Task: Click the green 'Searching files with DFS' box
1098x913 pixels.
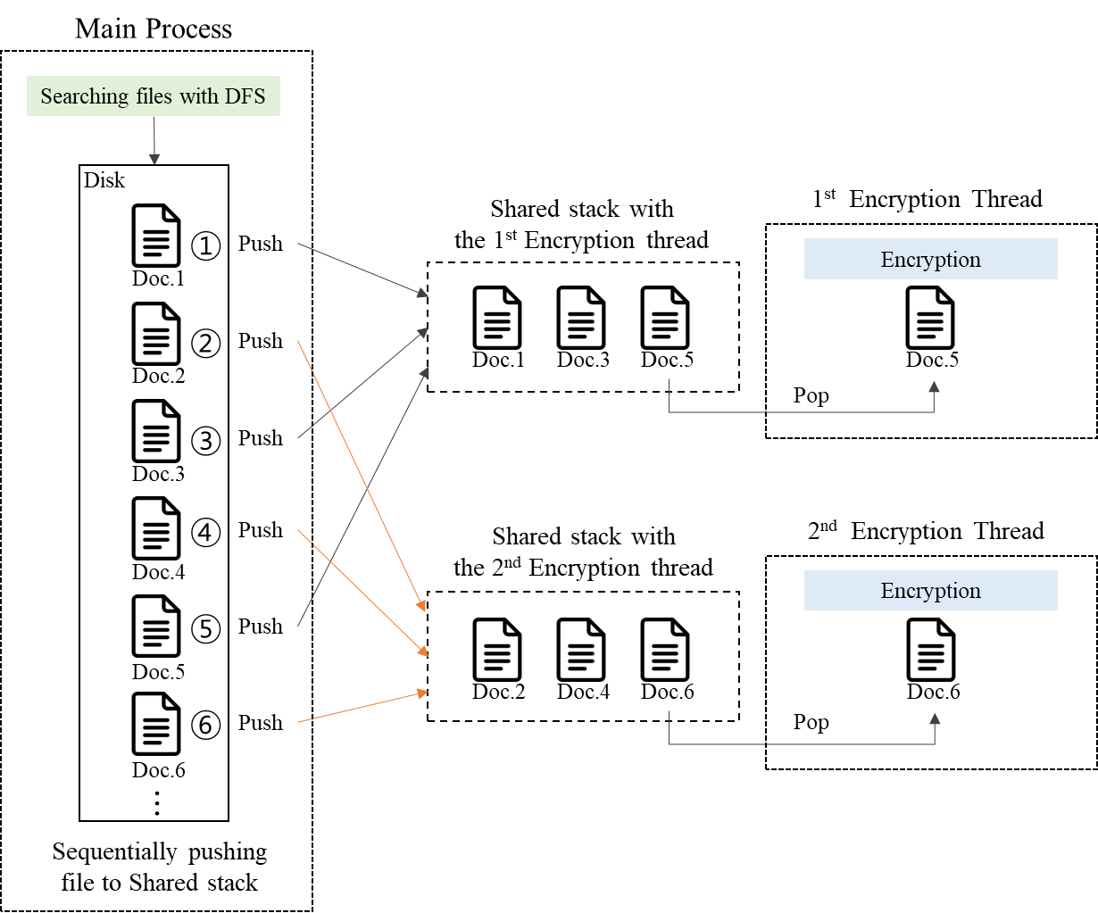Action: (153, 96)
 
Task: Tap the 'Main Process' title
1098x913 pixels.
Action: (154, 29)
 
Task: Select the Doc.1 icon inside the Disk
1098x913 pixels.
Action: (156, 236)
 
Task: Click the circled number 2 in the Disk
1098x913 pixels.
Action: (206, 343)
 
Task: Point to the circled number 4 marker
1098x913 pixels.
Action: (206, 533)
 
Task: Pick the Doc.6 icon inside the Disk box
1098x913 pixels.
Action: (156, 724)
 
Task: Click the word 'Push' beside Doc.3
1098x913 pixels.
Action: (260, 438)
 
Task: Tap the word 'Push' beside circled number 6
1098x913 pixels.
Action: (260, 723)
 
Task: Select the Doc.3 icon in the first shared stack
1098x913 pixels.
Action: (581, 318)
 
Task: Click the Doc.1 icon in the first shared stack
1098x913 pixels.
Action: (497, 318)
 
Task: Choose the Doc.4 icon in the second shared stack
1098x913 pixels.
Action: (581, 650)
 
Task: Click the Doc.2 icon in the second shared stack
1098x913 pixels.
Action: (497, 650)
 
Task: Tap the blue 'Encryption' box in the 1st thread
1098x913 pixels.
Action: (930, 259)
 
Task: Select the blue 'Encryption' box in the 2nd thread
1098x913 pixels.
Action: (930, 591)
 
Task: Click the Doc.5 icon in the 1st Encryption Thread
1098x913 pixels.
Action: (930, 318)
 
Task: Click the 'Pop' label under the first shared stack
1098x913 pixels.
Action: (811, 395)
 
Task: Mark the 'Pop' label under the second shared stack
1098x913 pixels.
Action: (811, 722)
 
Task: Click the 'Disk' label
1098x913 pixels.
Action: (104, 180)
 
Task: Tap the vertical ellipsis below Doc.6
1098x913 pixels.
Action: (157, 803)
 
